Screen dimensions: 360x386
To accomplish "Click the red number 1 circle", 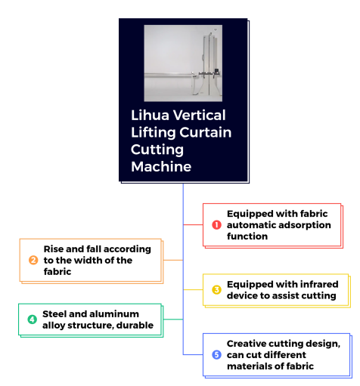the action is click(216, 225).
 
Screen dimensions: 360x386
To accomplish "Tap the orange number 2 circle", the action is click(33, 260).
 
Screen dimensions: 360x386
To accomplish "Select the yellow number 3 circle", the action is click(216, 290).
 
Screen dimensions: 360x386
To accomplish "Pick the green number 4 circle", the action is click(32, 320).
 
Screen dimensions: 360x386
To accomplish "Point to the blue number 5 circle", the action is click(216, 355).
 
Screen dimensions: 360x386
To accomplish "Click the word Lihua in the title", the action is click(150, 116).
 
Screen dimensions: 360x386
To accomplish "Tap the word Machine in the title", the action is click(161, 167).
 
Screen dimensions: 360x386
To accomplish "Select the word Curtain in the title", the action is click(206, 132).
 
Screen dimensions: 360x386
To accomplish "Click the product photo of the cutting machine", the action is click(183, 63).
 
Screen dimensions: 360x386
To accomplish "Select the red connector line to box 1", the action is click(193, 224).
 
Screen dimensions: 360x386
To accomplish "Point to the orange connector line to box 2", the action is click(173, 260).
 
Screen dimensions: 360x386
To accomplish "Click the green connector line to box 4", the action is click(173, 320).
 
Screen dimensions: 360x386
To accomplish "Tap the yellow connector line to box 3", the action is click(193, 290).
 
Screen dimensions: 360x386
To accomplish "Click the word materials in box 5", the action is click(250, 366).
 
